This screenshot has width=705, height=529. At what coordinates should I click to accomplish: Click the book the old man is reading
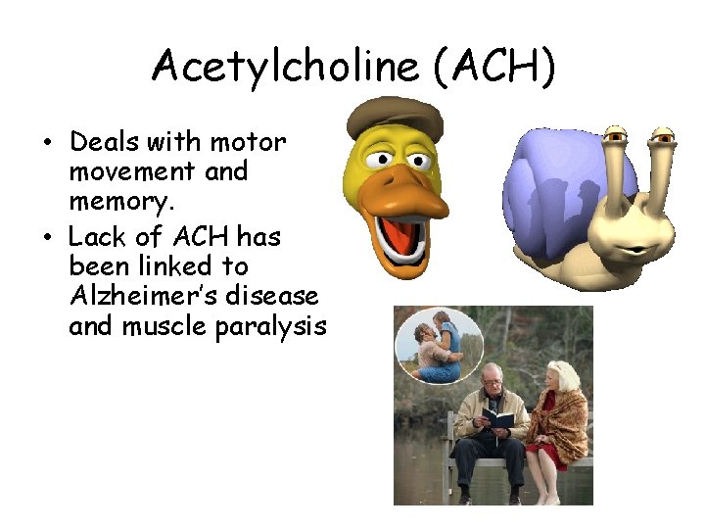point(498,418)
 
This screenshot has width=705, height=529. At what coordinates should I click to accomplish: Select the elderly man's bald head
point(489,373)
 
